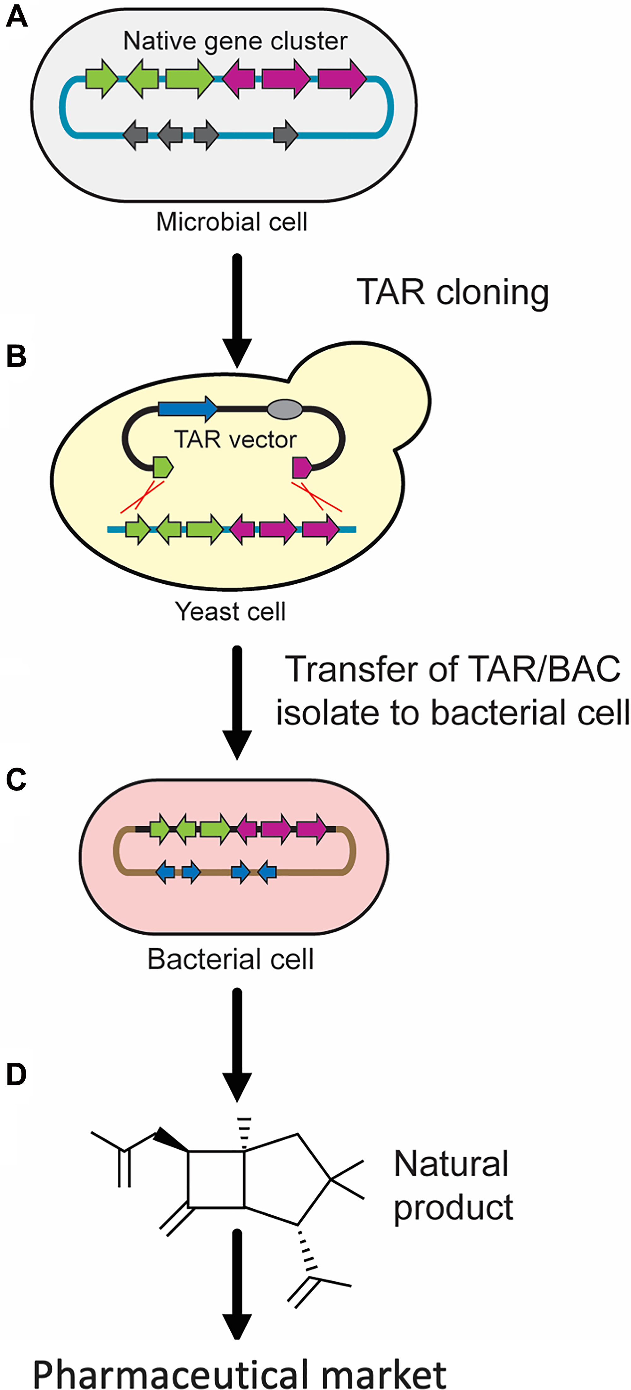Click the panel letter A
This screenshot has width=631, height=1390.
[16, 17]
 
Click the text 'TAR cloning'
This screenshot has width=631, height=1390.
[452, 293]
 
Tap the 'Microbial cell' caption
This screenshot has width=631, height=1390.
[232, 222]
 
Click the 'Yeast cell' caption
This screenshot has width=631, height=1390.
[231, 611]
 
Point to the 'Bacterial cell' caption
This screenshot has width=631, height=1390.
[231, 959]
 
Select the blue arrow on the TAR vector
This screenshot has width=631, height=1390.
[187, 408]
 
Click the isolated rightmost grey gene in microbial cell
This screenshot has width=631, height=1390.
[285, 135]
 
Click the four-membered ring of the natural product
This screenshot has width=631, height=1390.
[216, 1180]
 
